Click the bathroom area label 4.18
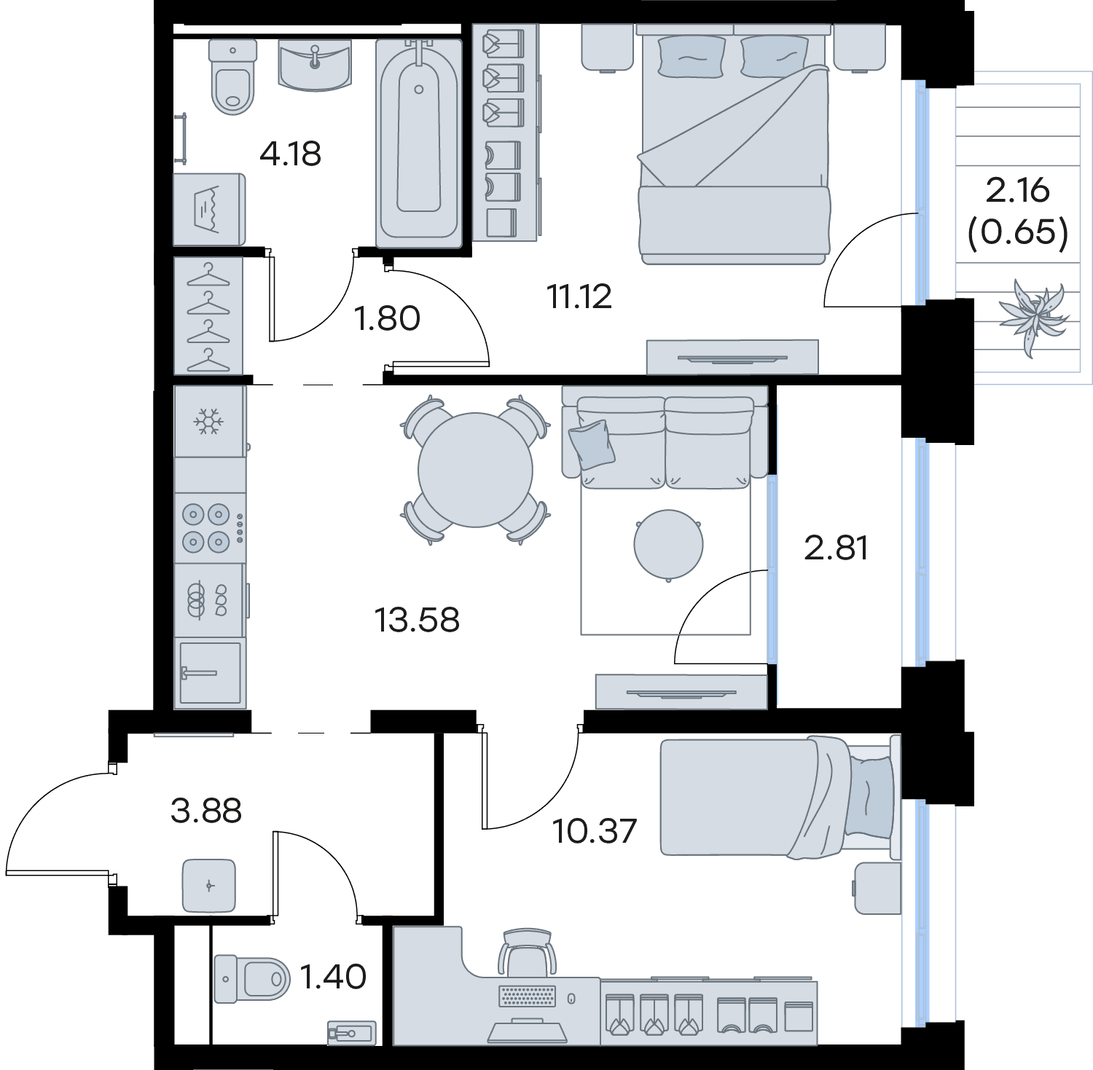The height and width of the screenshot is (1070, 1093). pos(290,154)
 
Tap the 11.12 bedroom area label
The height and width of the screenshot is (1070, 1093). pos(579,296)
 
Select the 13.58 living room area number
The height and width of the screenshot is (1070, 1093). pos(417,620)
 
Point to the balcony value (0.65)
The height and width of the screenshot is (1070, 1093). pos(1018,232)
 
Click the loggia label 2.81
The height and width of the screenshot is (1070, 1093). pos(836,548)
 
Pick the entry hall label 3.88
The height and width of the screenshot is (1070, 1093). pos(205,810)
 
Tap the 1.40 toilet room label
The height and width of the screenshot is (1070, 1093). pos(333,977)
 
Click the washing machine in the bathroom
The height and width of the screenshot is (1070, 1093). pos(209,210)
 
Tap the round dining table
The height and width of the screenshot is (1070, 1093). pos(475,470)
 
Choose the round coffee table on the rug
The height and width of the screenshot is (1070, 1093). pos(668,544)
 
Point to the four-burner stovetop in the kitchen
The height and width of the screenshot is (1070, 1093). pos(210,528)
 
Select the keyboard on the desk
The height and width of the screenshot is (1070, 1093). pos(527,996)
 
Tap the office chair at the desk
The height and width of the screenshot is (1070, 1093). pos(526,952)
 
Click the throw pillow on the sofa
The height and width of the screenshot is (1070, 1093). pos(592,444)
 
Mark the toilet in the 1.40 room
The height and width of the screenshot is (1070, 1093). pos(251,978)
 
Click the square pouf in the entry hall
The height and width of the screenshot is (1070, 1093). pos(209,886)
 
